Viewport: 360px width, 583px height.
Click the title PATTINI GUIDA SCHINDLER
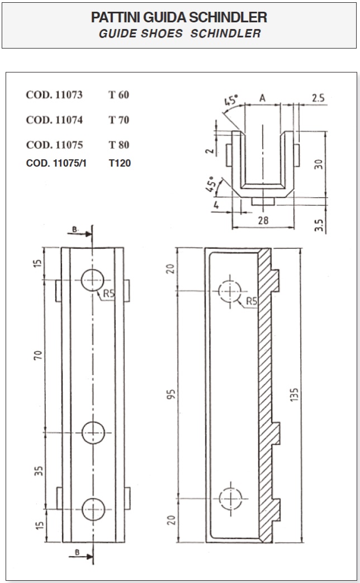(x=179, y=17)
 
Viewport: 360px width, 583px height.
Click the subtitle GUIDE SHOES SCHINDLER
(x=179, y=34)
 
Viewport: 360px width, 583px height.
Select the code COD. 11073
(x=54, y=95)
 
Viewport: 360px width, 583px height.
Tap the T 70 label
(x=119, y=120)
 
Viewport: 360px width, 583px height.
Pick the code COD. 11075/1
(x=56, y=163)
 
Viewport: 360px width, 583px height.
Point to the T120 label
(x=120, y=163)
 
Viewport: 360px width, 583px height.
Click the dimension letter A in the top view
(x=262, y=98)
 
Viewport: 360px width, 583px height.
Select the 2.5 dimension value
(x=318, y=98)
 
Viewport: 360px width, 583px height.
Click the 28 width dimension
(x=263, y=220)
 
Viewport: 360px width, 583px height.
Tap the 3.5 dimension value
(x=319, y=225)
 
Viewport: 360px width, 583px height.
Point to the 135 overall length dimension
(x=294, y=395)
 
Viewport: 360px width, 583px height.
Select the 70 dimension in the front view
(x=38, y=355)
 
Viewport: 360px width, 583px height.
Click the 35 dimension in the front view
(x=39, y=471)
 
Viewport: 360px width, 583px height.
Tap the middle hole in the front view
(x=93, y=433)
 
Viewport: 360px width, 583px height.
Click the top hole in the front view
(x=92, y=280)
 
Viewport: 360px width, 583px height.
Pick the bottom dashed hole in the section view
(x=230, y=498)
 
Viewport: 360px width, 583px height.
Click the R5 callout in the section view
(x=252, y=301)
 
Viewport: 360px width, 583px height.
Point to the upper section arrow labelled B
(x=79, y=234)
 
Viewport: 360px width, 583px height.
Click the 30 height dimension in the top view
(x=318, y=164)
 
